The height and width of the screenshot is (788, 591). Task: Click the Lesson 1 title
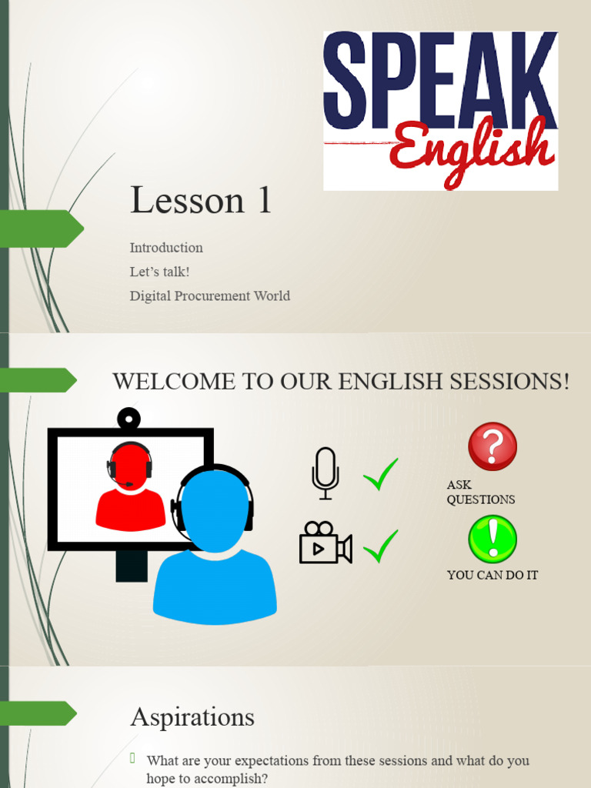(201, 200)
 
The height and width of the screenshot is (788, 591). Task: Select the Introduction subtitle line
(166, 248)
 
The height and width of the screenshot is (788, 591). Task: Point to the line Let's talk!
(159, 272)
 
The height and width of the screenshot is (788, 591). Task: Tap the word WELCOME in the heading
(159, 381)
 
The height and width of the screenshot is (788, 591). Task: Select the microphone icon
(326, 472)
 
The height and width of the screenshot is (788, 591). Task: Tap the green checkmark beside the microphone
(381, 474)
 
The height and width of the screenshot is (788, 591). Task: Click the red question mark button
(492, 446)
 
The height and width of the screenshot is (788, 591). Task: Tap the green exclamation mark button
(492, 539)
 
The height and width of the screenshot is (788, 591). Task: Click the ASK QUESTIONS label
(480, 492)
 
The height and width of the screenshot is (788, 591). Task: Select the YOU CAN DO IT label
(492, 575)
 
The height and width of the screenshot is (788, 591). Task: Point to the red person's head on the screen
(129, 465)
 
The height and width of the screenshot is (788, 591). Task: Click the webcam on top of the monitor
(129, 419)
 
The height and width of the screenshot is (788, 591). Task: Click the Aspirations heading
(192, 717)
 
